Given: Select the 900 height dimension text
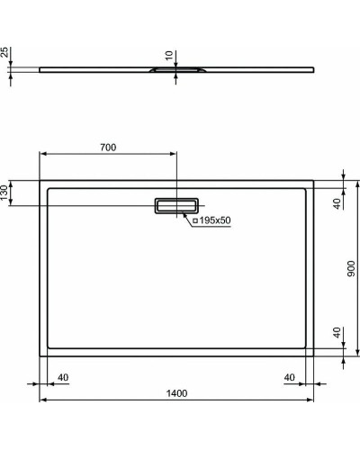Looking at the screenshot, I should (349, 268).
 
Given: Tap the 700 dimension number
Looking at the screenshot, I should (109, 146).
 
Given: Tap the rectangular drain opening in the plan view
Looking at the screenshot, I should (177, 206).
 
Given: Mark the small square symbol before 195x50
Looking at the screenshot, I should (194, 220).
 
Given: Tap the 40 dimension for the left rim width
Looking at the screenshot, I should (63, 377).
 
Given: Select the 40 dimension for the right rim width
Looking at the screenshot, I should (290, 377).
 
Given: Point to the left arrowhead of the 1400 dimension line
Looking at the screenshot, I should (41, 400).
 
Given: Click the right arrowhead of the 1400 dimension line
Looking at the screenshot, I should (313, 400).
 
